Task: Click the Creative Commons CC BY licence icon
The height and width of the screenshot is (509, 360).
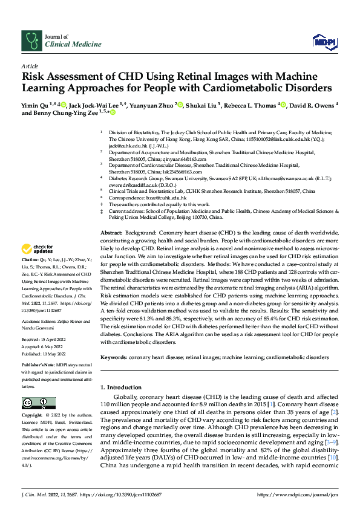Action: click(35, 403)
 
